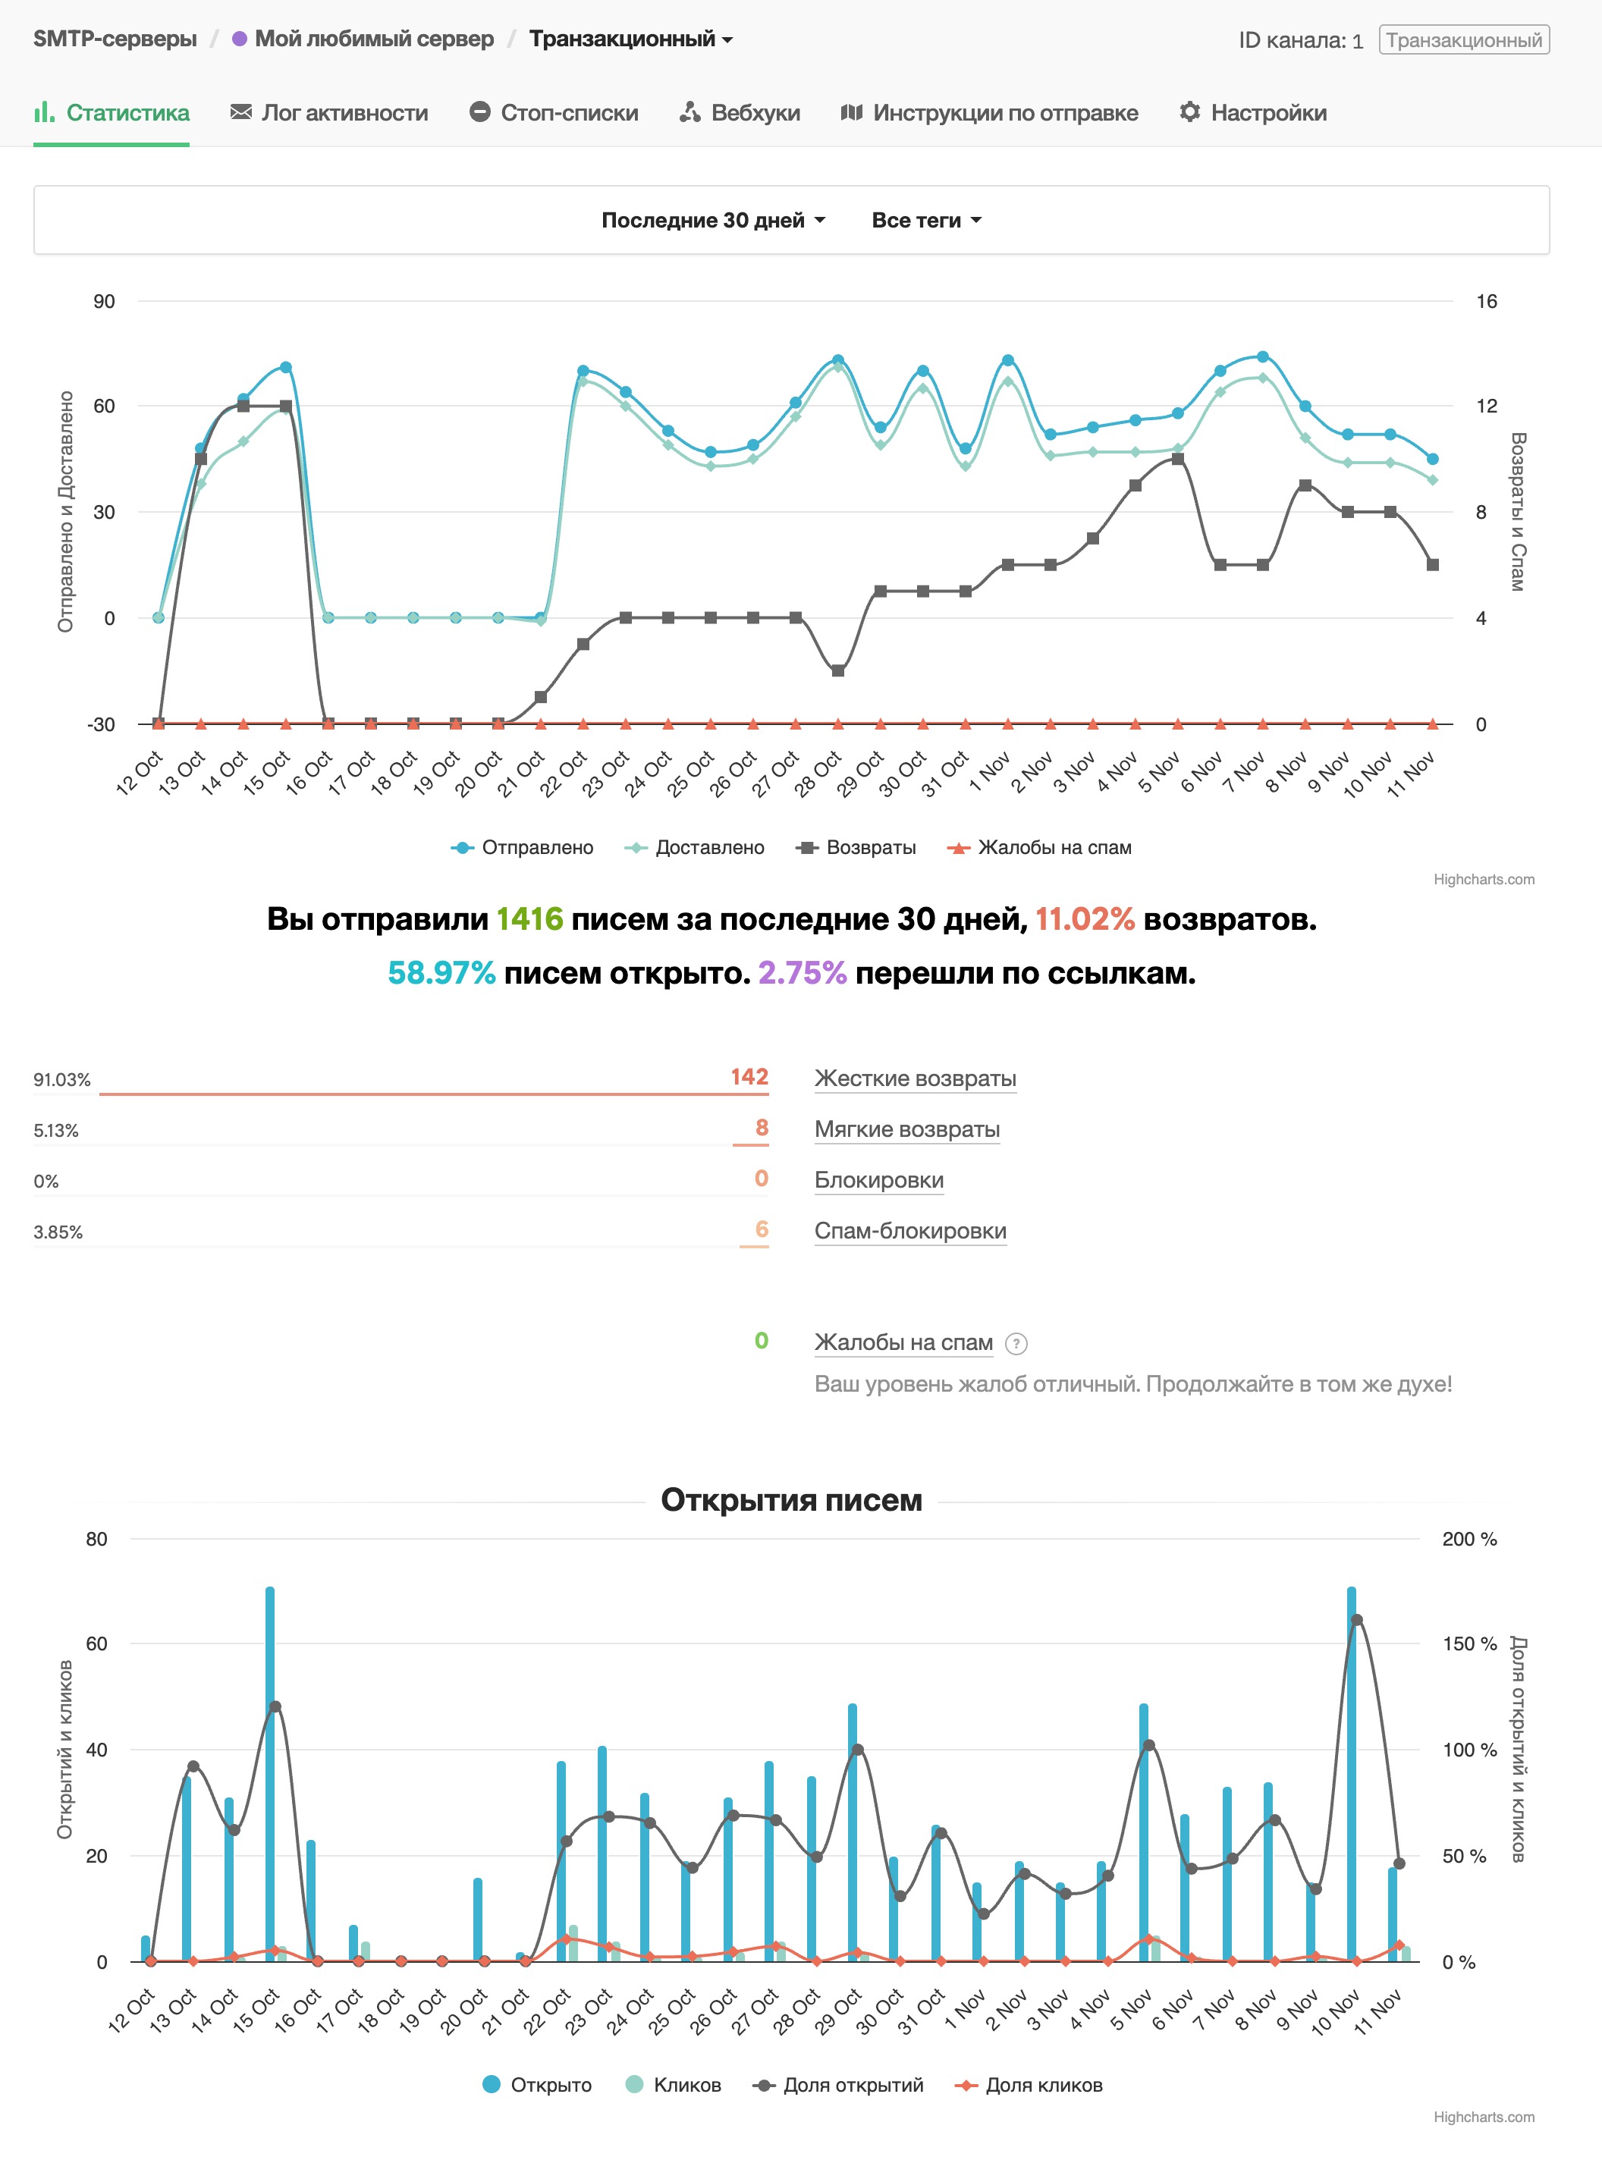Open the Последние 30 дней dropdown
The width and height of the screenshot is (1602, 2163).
[713, 220]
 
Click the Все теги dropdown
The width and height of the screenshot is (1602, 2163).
[926, 220]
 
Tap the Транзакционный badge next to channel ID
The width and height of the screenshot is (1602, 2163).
[1463, 39]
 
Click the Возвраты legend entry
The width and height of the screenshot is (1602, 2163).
[856, 847]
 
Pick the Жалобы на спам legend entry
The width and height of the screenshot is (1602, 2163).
[1041, 847]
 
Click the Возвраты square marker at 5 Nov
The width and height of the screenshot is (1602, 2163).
[1177, 459]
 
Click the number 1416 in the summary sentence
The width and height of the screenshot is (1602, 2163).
[529, 918]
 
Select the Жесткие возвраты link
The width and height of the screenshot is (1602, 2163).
[916, 1078]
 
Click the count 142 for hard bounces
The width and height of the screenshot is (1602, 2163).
[749, 1076]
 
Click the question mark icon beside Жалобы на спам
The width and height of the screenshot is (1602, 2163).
[1016, 1344]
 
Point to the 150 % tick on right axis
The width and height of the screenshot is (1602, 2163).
[1469, 1643]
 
